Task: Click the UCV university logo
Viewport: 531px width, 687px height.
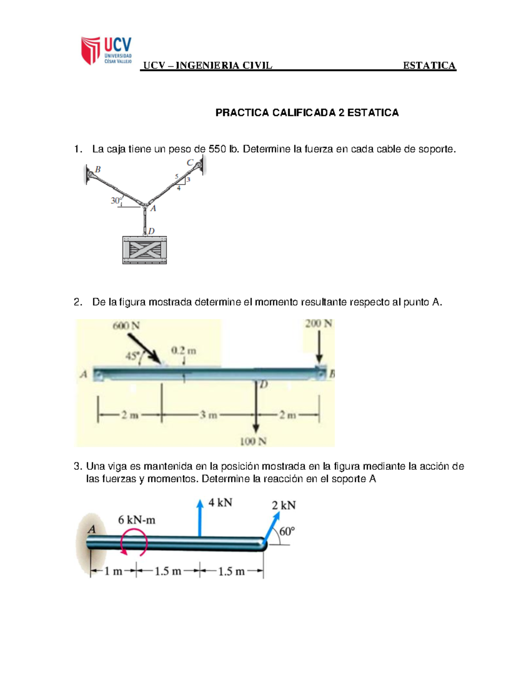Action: [x=106, y=50]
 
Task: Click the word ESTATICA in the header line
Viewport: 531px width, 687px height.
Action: [x=429, y=65]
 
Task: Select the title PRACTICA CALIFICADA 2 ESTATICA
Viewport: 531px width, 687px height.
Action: [x=307, y=113]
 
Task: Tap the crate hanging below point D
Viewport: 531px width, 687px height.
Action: [x=145, y=250]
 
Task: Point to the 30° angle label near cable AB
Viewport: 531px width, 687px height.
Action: [x=116, y=200]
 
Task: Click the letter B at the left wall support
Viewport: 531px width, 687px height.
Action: [x=98, y=169]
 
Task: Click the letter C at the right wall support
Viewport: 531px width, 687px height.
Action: [x=189, y=162]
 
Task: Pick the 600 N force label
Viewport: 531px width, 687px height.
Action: [x=126, y=326]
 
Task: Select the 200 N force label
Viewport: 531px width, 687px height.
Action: [x=318, y=323]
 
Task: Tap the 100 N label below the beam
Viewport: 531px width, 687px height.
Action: [x=253, y=441]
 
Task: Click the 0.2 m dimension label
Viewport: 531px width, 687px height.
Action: [x=183, y=350]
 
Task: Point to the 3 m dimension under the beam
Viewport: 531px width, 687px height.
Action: [x=208, y=415]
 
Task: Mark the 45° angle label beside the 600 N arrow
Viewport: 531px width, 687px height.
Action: [x=132, y=356]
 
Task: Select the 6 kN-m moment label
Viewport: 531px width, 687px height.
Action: [x=136, y=520]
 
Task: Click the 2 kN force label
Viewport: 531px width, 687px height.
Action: [x=284, y=505]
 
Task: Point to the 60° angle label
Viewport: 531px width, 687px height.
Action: [x=287, y=531]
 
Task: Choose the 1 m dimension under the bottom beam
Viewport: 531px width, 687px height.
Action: [x=113, y=571]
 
